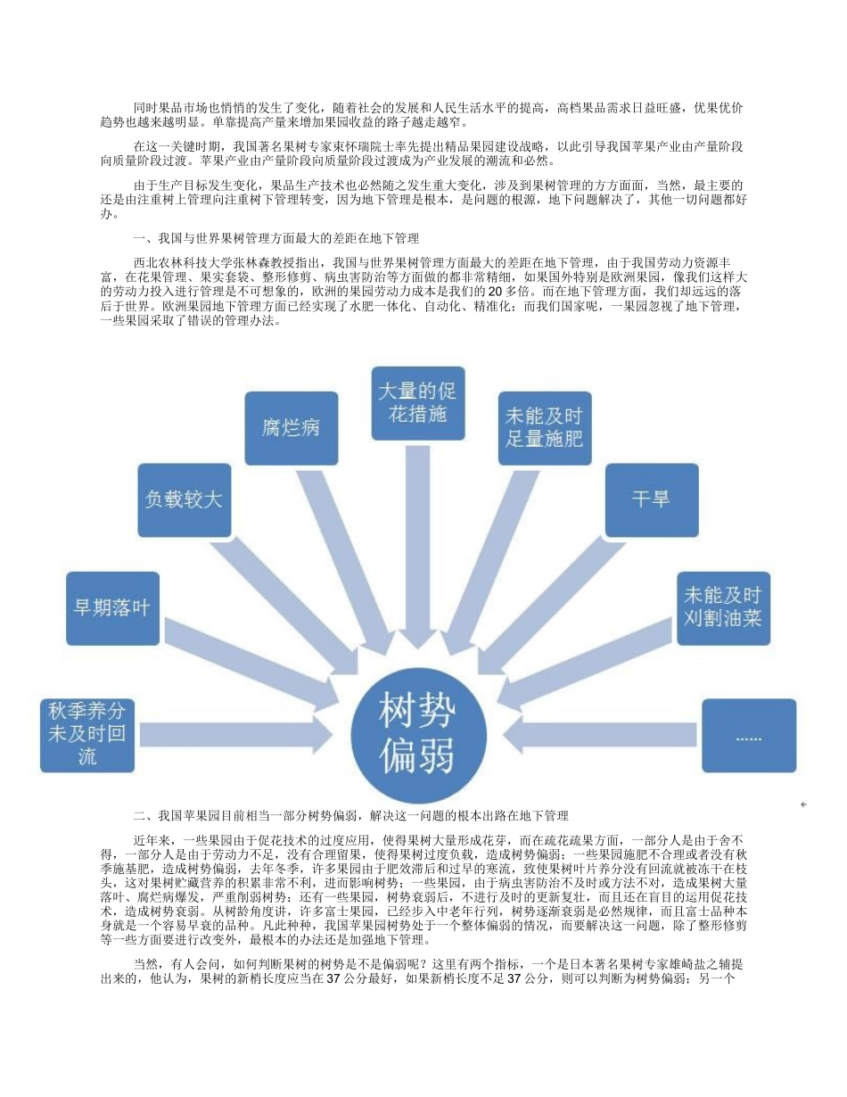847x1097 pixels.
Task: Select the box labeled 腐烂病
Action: [291, 427]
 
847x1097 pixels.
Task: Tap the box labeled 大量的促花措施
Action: [417, 403]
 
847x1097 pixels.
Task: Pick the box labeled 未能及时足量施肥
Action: [544, 427]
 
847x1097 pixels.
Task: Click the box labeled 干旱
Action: [652, 499]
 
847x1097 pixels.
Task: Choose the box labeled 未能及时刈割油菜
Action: [722, 606]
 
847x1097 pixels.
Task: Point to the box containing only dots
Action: [749, 736]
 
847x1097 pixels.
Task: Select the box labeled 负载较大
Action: [184, 499]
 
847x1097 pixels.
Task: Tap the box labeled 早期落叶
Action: [111, 608]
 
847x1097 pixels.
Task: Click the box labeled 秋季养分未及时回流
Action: [87, 735]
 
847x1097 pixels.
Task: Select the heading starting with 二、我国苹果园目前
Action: [350, 815]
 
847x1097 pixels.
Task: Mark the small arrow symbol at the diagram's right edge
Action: [803, 804]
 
